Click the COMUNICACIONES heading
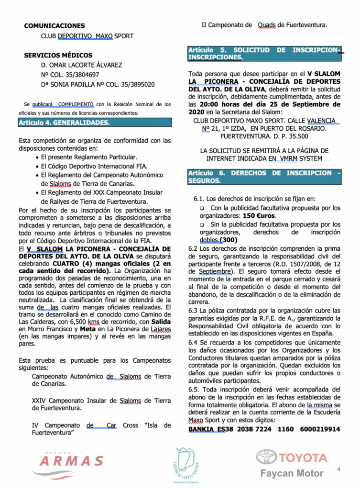tap(55, 26)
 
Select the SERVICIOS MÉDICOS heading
tap(58, 56)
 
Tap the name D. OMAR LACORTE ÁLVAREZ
tap(81, 65)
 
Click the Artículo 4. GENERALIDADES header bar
tap(95, 122)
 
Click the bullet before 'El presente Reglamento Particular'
tap(37, 157)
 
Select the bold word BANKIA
tap(201, 429)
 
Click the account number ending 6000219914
tap(320, 429)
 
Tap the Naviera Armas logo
tap(71, 460)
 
